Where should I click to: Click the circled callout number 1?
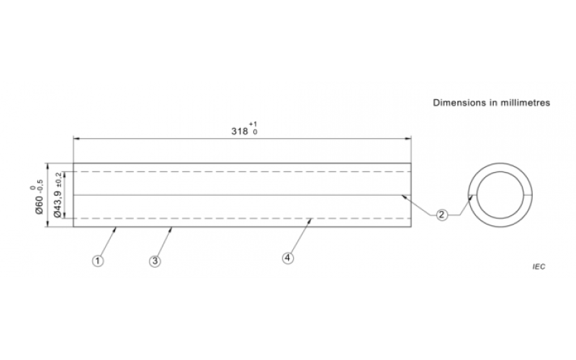click(x=98, y=261)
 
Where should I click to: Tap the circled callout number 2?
click(x=442, y=215)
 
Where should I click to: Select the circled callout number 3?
click(x=155, y=261)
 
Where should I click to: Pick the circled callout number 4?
click(x=287, y=258)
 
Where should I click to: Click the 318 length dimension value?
click(x=240, y=131)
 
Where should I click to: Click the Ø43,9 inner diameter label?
click(x=58, y=204)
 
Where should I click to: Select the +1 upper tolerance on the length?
click(x=253, y=124)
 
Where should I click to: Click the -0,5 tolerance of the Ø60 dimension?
click(x=40, y=186)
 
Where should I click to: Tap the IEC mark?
click(x=539, y=266)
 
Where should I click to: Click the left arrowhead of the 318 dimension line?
click(x=76, y=138)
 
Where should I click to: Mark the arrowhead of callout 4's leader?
click(x=310, y=220)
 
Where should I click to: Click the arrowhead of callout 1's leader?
click(x=115, y=229)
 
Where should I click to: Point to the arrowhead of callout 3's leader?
click(x=171, y=229)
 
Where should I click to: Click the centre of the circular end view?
click(x=500, y=195)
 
